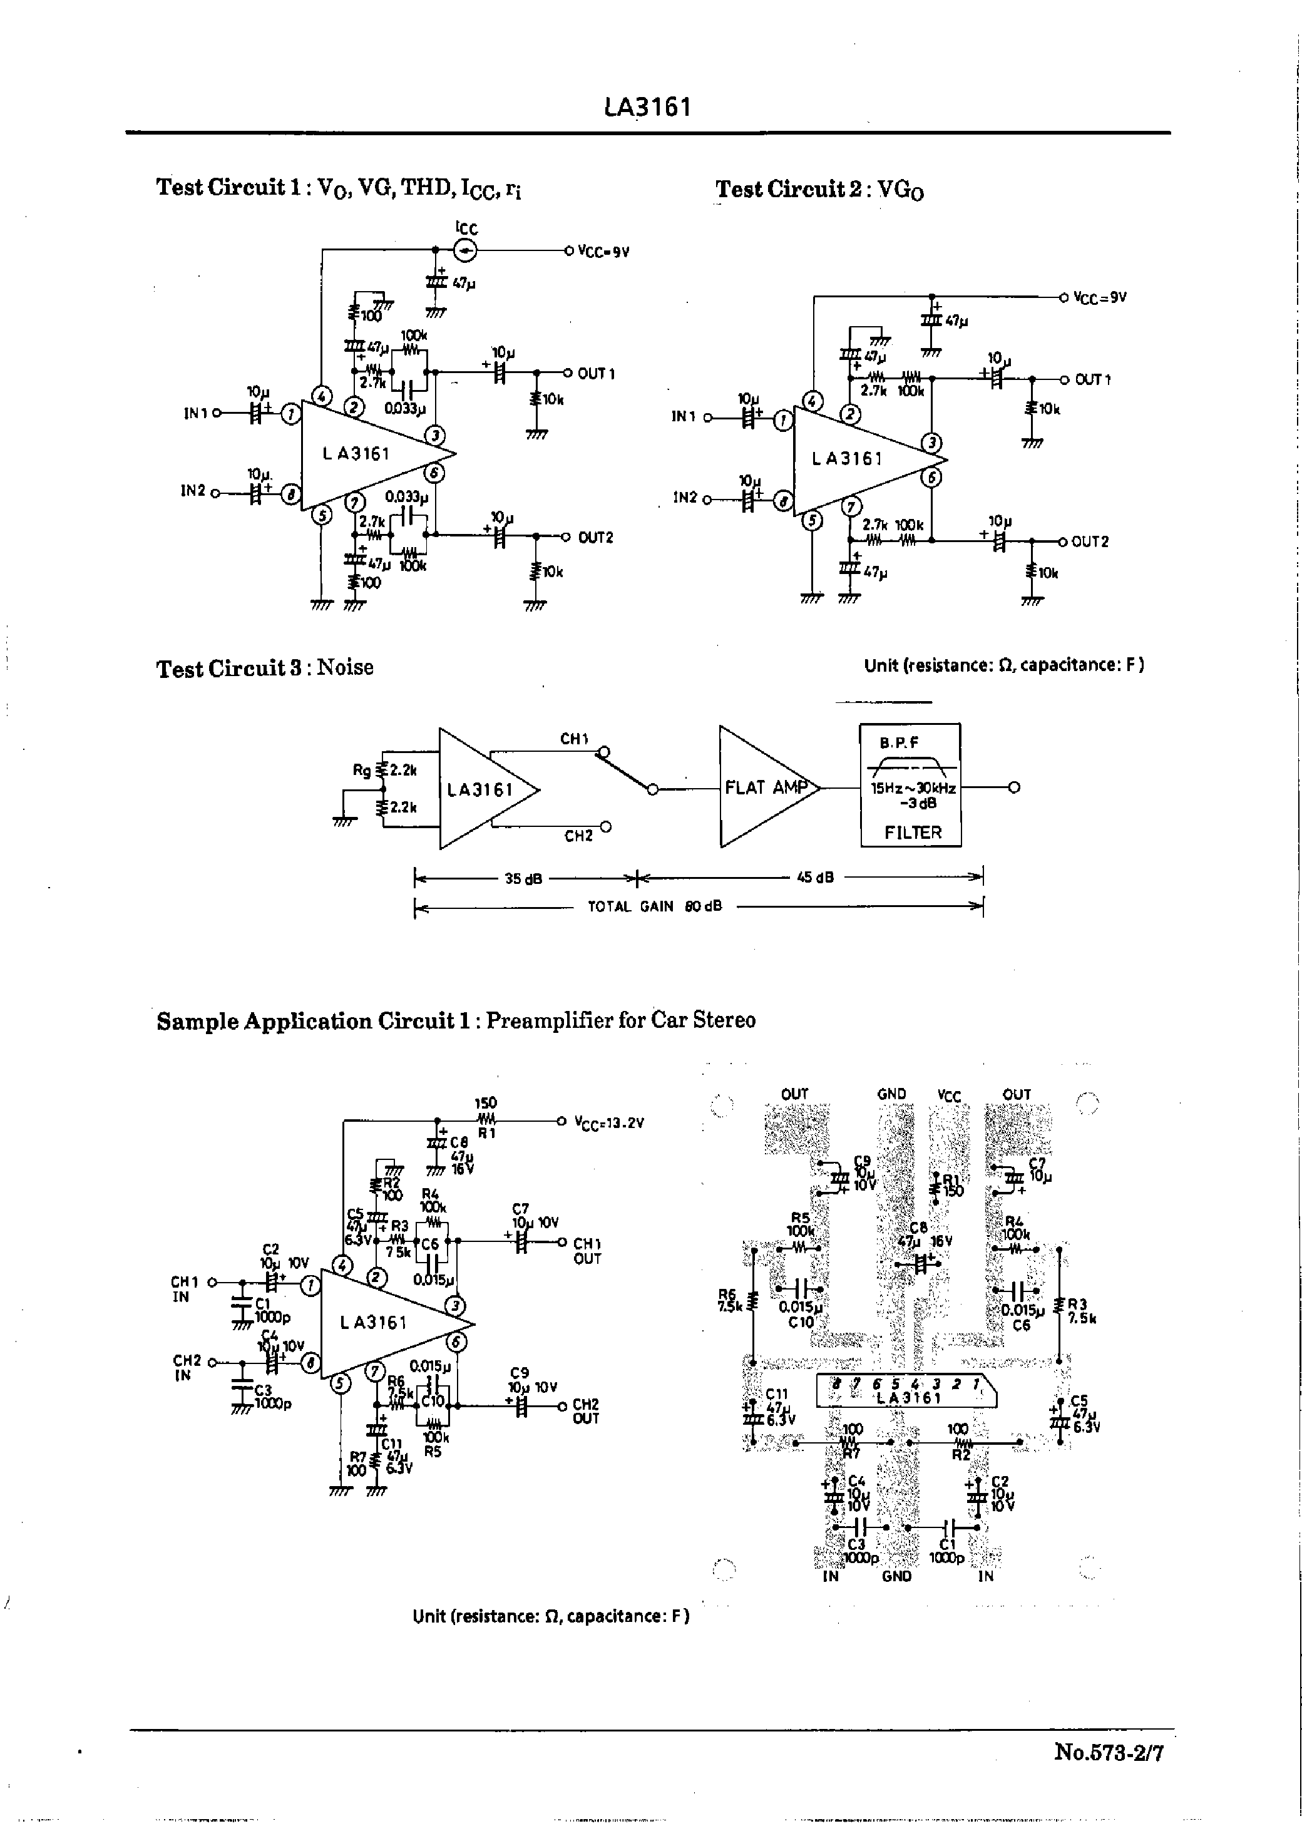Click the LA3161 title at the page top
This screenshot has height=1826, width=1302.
coord(647,106)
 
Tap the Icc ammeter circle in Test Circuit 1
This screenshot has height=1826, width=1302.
coord(465,251)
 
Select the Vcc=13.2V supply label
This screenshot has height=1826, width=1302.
coord(609,1122)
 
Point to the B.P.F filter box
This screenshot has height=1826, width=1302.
coord(910,786)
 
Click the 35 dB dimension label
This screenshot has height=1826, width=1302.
coord(523,878)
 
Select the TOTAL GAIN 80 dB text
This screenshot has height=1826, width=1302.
coord(655,906)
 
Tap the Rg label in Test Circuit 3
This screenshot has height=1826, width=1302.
coord(362,771)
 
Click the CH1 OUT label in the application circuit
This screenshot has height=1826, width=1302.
coord(587,1251)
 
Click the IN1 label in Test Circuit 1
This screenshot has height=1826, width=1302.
coord(196,414)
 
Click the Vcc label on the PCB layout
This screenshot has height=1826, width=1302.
coord(948,1095)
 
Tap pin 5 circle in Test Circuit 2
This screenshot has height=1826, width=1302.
coord(812,521)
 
